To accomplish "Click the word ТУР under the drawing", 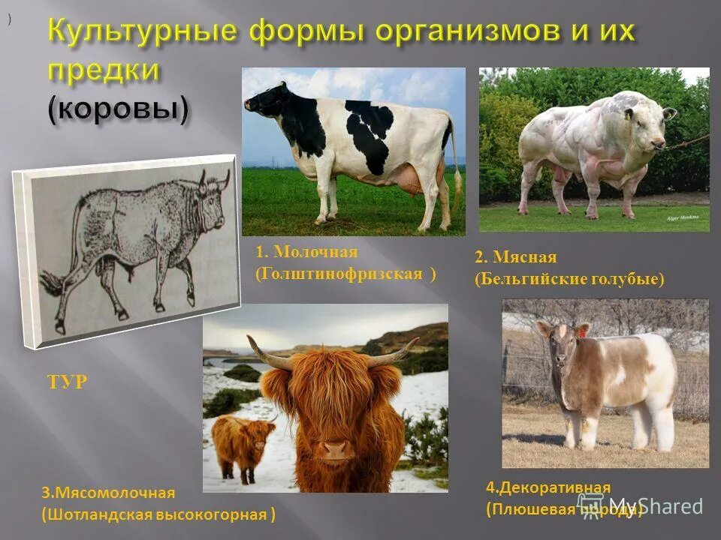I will tap(66, 382).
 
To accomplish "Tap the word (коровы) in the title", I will tap(119, 109).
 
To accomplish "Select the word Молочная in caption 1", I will tap(315, 252).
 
